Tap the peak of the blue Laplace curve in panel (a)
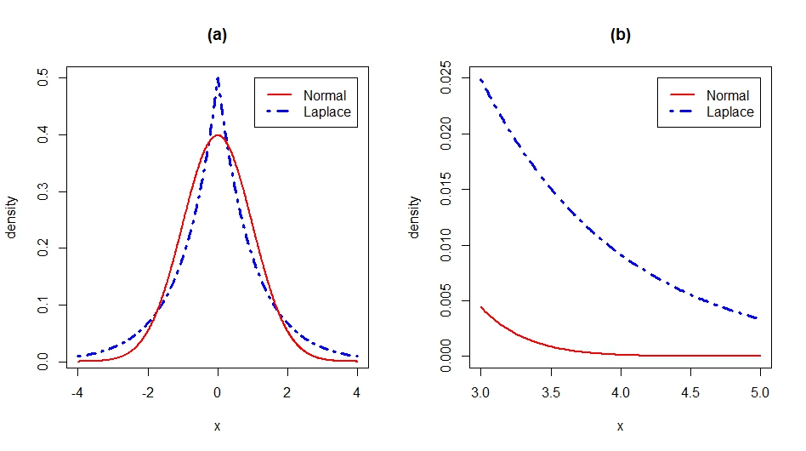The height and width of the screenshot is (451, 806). (218, 78)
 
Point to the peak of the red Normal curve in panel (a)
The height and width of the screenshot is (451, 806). (218, 135)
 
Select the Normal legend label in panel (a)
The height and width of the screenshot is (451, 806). (324, 95)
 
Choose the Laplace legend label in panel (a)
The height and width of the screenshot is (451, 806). (326, 111)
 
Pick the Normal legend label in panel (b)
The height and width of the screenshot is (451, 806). (727, 95)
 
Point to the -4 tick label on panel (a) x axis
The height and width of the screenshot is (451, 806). (78, 393)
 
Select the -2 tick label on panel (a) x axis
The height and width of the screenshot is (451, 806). (148, 393)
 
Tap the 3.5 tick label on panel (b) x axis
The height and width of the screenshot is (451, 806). (551, 393)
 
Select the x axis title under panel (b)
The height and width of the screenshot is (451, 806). (621, 426)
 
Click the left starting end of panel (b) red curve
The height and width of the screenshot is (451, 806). (481, 307)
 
